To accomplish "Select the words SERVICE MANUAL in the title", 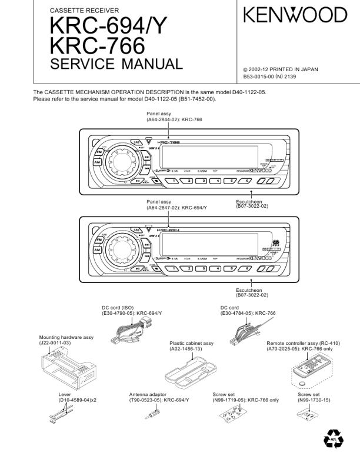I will click(117, 64).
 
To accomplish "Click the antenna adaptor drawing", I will click(151, 414).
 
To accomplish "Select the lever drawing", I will click(61, 414).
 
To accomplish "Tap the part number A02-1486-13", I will click(186, 349).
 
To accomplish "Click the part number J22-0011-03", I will click(55, 342).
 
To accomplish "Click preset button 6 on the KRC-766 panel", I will click(247, 181).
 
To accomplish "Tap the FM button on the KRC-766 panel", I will click(98, 152).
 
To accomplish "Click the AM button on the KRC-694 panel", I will click(98, 249).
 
